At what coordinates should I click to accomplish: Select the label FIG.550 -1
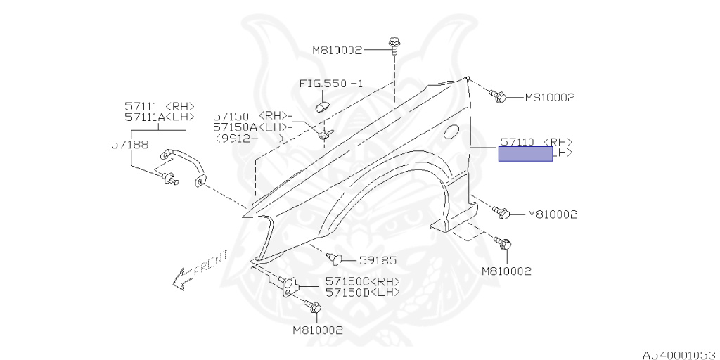pos(331,83)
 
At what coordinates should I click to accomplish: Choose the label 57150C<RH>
pos(362,281)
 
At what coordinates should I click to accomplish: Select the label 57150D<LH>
pos(362,292)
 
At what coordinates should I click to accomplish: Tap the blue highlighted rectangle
pos(525,153)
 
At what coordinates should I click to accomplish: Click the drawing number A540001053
pos(678,356)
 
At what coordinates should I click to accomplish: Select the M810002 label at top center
pos(337,50)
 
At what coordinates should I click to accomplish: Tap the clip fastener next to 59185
pos(337,259)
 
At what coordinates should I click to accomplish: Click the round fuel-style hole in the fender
pos(452,131)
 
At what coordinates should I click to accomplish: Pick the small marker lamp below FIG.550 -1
pos(323,104)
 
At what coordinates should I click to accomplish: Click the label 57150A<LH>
pos(250,127)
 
